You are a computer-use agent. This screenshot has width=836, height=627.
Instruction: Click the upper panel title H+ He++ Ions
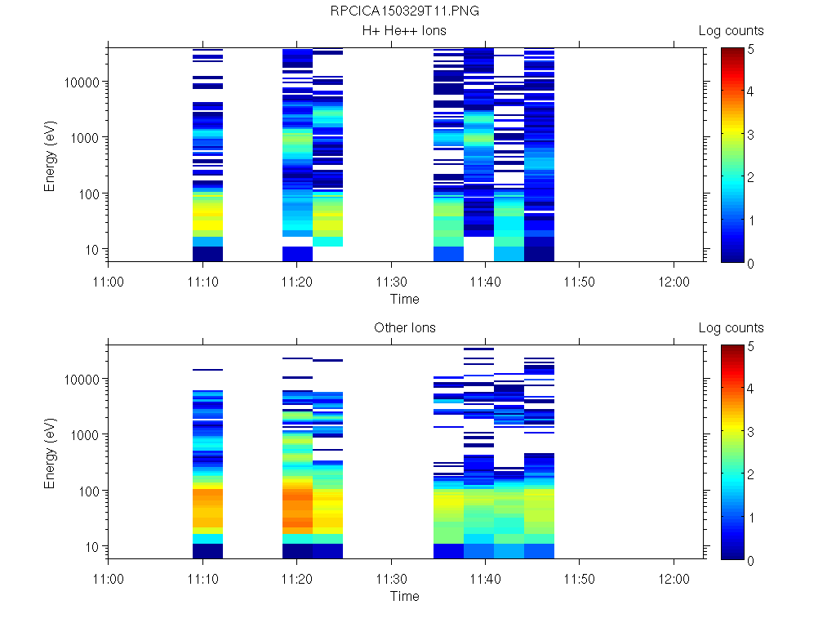pyautogui.click(x=404, y=31)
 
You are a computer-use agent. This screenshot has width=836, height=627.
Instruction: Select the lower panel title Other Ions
pyautogui.click(x=404, y=328)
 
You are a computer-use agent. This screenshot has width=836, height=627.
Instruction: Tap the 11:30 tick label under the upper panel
pyautogui.click(x=392, y=282)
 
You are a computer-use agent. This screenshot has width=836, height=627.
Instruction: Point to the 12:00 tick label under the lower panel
pyautogui.click(x=674, y=580)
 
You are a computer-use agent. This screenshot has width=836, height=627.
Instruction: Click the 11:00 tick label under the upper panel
pyautogui.click(x=109, y=282)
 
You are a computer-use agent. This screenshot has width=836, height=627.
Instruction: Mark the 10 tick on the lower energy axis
pyautogui.click(x=93, y=546)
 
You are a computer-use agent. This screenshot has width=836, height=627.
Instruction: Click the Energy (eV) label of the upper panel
pyautogui.click(x=50, y=155)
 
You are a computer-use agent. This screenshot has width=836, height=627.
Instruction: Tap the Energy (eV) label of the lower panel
pyautogui.click(x=50, y=452)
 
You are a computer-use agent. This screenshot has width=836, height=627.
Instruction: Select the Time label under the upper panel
pyautogui.click(x=404, y=299)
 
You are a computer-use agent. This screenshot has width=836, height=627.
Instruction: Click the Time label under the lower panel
pyautogui.click(x=404, y=596)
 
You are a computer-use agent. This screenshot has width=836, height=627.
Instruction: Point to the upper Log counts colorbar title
pyautogui.click(x=731, y=31)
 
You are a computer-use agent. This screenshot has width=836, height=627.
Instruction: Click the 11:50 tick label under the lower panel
pyautogui.click(x=580, y=580)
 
